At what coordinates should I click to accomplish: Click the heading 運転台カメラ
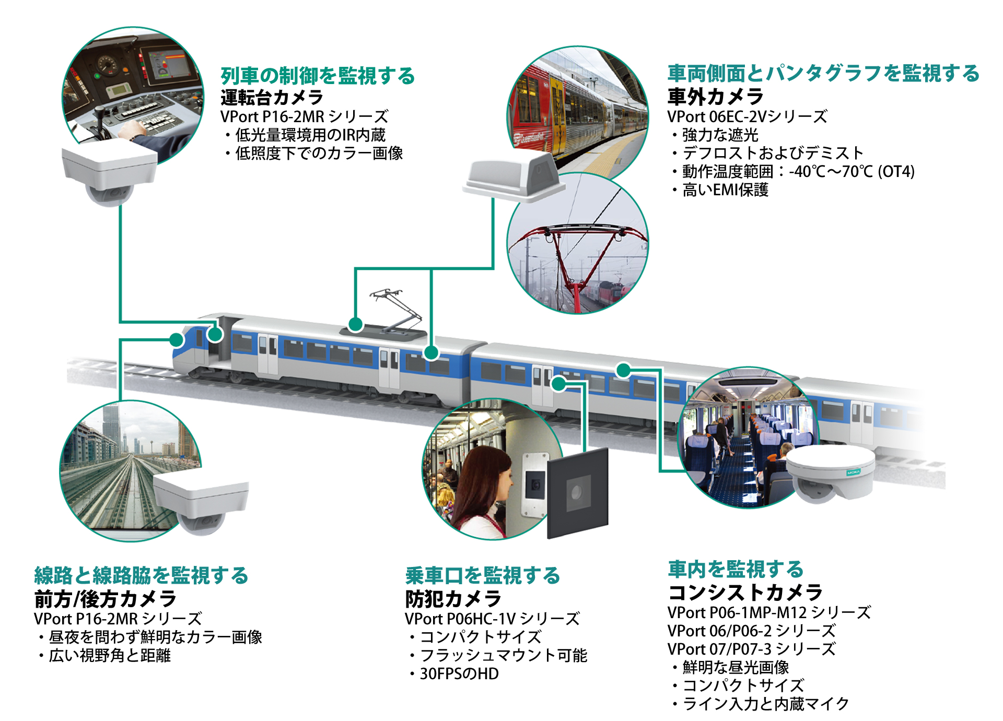272,97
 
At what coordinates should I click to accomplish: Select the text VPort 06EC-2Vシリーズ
747,116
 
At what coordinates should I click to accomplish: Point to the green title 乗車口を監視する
482,575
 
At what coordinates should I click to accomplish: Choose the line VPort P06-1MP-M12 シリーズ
769,612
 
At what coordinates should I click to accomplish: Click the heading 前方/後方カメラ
105,599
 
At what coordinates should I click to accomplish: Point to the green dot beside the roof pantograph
355,324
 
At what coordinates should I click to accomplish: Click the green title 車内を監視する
735,569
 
